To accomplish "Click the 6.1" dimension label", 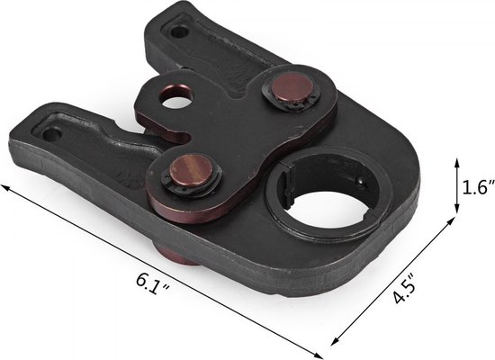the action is click(153, 283).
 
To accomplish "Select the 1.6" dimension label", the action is click(478, 187).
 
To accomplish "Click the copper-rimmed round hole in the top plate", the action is click(175, 96).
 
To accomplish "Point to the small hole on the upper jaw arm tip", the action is click(179, 31).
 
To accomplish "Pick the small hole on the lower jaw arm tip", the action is click(52, 134).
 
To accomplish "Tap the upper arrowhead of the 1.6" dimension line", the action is click(456, 163).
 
